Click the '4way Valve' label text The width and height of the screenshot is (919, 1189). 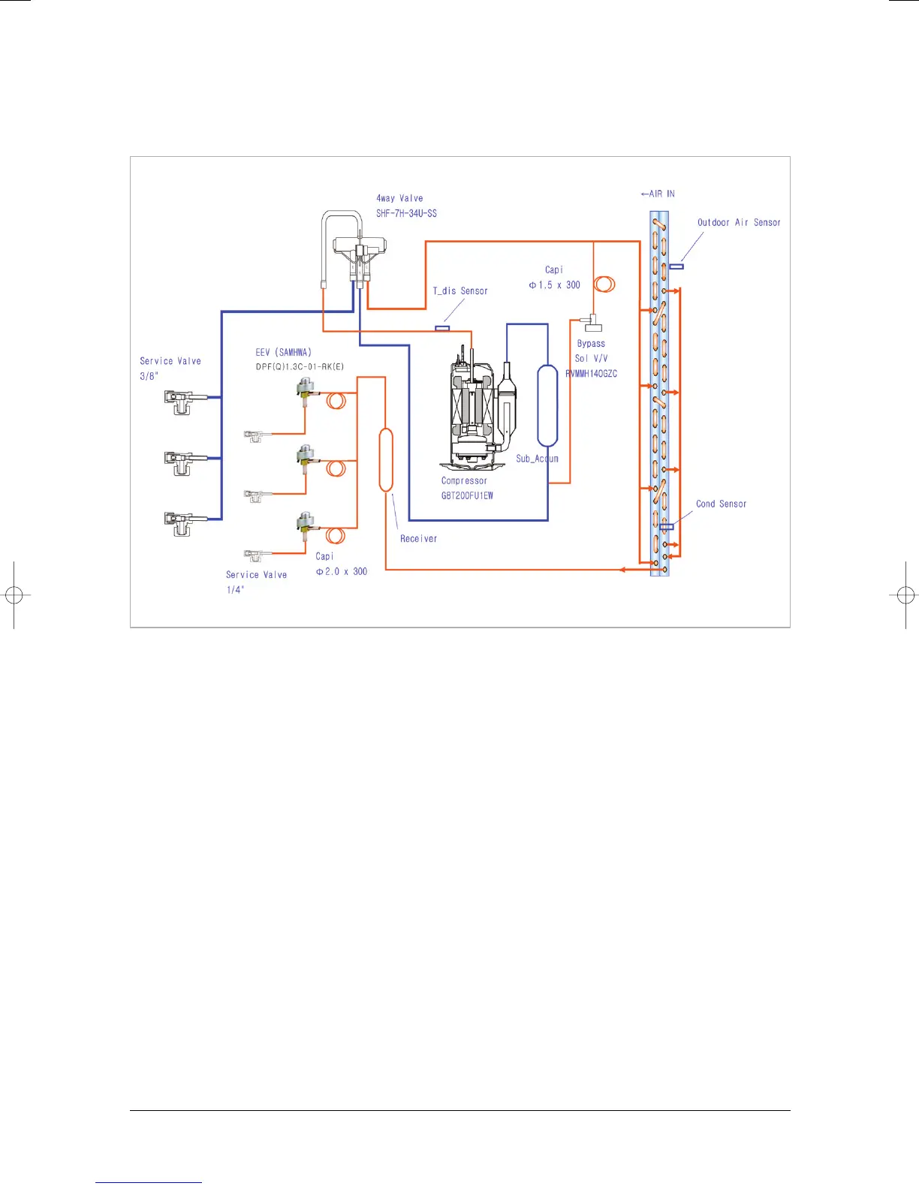[x=399, y=198]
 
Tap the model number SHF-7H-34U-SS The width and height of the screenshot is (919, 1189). [x=406, y=213]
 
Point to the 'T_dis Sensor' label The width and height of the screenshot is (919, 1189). [x=460, y=291]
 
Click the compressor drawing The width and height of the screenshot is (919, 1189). [x=473, y=409]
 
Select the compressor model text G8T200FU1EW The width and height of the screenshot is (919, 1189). [x=467, y=495]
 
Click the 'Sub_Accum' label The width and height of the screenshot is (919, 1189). [x=537, y=459]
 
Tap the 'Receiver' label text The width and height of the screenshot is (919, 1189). [x=418, y=539]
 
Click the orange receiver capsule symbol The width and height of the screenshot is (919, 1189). [x=386, y=459]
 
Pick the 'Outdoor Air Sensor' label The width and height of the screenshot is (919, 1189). [x=739, y=223]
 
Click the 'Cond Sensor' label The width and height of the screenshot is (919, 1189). [x=721, y=504]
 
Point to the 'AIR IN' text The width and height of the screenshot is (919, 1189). [x=658, y=194]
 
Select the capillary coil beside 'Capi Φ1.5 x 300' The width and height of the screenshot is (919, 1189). [x=604, y=284]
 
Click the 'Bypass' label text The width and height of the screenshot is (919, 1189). [x=591, y=344]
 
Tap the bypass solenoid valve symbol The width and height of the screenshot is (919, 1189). [x=594, y=323]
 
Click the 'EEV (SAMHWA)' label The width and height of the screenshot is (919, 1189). [x=283, y=353]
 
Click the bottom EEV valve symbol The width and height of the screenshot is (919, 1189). [x=305, y=524]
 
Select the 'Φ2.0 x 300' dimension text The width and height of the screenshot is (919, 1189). [x=342, y=572]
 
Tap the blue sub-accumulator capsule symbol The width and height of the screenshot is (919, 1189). [x=547, y=405]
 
